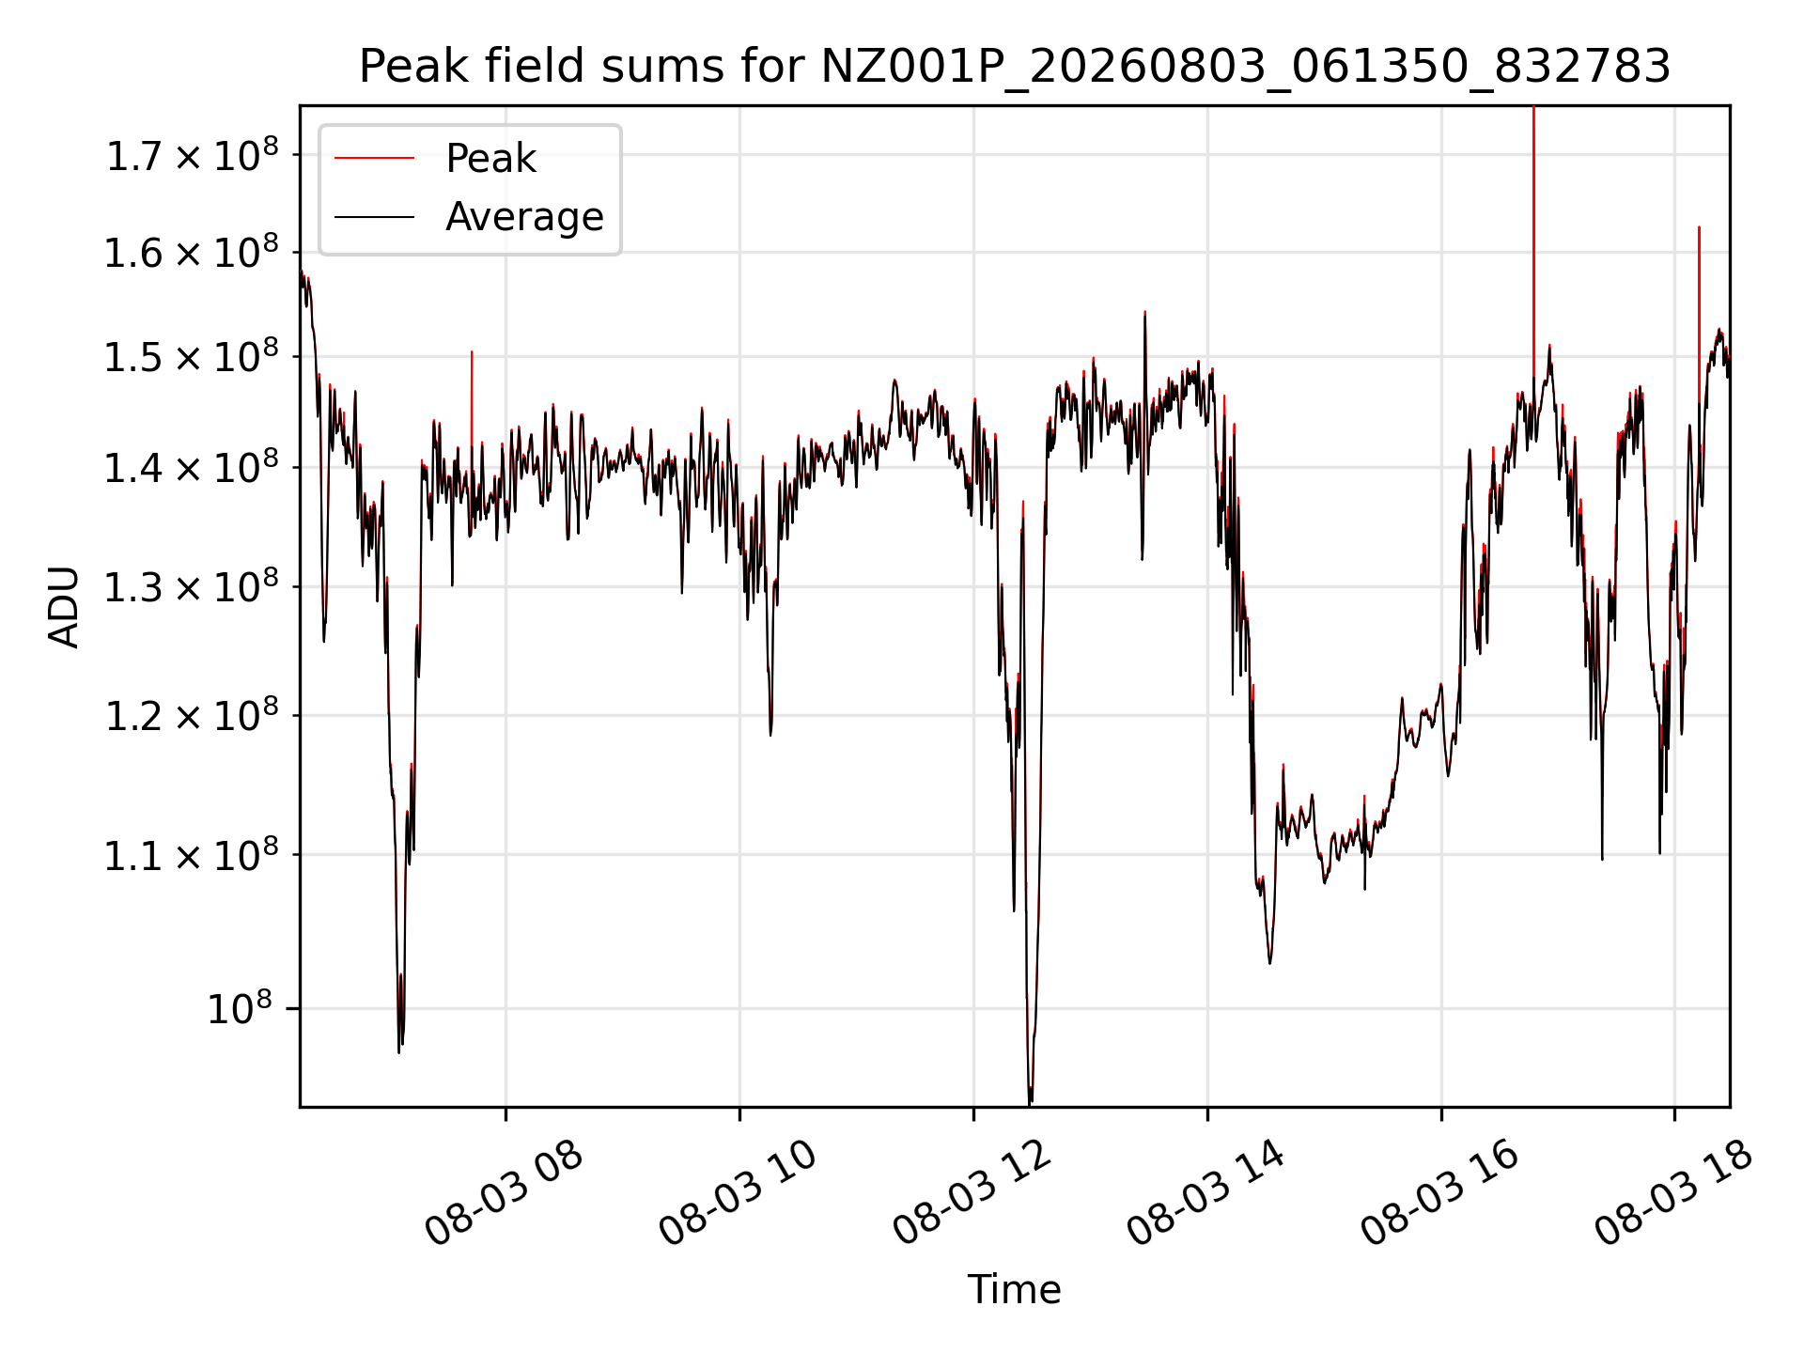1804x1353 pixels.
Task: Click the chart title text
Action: click(x=1015, y=67)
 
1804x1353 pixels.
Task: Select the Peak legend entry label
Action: click(x=490, y=159)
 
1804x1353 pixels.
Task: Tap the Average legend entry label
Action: click(x=524, y=217)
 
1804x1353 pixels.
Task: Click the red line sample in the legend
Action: click(x=374, y=159)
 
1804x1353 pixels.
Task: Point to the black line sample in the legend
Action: click(x=374, y=217)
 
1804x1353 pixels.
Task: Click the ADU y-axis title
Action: click(x=64, y=606)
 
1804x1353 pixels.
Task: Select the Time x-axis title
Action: click(x=1015, y=1289)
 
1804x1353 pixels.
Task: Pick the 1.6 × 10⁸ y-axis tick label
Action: click(x=193, y=252)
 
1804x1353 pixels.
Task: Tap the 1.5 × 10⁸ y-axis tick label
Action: click(x=193, y=356)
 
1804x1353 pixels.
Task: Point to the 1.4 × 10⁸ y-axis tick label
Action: click(x=193, y=467)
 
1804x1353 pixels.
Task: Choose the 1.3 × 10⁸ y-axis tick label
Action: click(x=193, y=587)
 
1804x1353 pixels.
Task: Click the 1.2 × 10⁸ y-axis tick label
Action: click(x=193, y=716)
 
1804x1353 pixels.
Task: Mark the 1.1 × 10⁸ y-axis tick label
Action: click(x=193, y=855)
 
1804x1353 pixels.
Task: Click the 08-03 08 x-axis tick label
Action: click(x=505, y=1193)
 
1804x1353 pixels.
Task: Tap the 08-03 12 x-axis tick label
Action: click(x=972, y=1193)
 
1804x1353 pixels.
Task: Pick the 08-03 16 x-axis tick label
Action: click(x=1440, y=1193)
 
